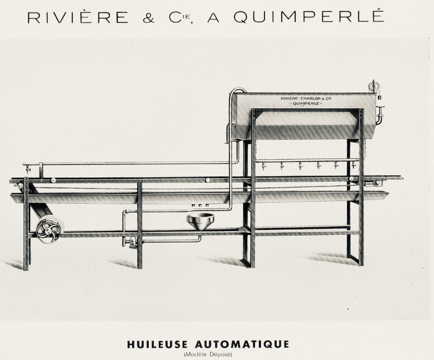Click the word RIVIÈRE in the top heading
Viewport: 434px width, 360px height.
coord(78,17)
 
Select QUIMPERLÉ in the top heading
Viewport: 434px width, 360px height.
coord(309,16)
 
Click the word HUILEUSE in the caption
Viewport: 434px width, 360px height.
coord(157,344)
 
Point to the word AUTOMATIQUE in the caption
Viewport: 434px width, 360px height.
coord(242,344)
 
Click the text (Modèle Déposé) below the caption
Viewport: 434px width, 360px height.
coord(208,354)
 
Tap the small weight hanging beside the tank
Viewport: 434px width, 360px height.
coord(379,98)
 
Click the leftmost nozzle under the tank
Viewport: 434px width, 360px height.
coord(263,166)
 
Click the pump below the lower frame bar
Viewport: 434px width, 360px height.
coord(131,242)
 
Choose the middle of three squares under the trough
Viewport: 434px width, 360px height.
coord(200,206)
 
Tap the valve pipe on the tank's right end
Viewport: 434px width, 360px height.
coord(380,116)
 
